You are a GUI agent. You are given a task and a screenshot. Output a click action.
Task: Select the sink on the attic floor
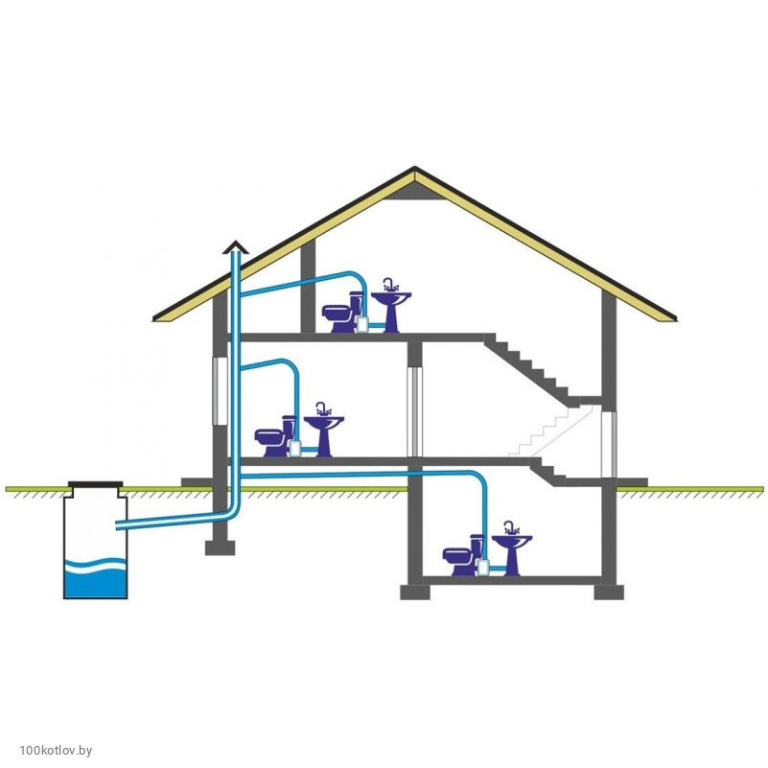(x=391, y=309)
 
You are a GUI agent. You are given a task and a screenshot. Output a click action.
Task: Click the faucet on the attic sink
(x=390, y=285)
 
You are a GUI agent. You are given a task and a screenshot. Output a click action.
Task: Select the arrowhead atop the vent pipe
(x=236, y=247)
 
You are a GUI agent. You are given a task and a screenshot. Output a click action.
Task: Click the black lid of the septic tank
(x=96, y=485)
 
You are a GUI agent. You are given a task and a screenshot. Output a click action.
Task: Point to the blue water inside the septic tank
(x=96, y=580)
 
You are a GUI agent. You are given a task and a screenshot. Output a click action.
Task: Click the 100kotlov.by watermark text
(x=56, y=751)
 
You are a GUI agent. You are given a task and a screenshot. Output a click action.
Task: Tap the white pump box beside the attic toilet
(x=362, y=324)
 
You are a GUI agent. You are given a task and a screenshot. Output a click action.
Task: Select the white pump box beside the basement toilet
(x=483, y=568)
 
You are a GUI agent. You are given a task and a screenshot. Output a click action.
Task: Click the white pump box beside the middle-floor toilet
(x=294, y=448)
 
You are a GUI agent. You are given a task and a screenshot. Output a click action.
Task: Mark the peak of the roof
(x=415, y=167)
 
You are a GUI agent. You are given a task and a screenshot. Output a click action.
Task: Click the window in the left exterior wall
(x=220, y=391)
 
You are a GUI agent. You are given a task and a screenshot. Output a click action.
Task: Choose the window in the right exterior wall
(x=609, y=444)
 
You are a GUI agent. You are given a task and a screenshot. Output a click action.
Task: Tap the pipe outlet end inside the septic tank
(x=117, y=525)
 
